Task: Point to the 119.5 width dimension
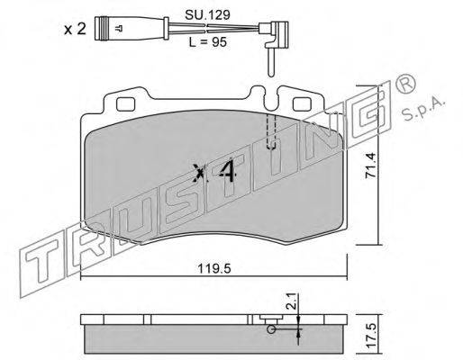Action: [216, 266]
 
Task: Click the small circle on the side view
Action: [268, 329]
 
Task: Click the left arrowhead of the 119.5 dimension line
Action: [84, 276]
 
